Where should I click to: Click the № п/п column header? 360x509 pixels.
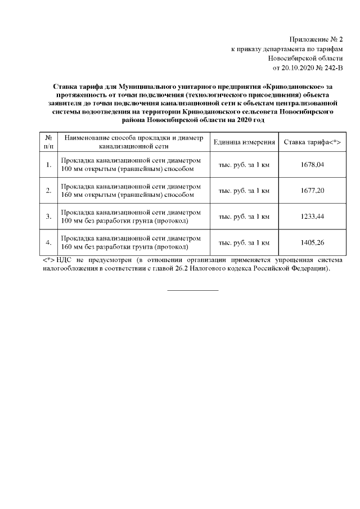pyautogui.click(x=48, y=142)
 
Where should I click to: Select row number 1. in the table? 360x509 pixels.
pyautogui.click(x=48, y=164)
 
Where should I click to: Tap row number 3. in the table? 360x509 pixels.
pyautogui.click(x=48, y=217)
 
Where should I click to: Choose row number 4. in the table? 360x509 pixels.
pyautogui.click(x=48, y=242)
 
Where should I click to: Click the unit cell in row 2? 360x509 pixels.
pyautogui.click(x=244, y=190)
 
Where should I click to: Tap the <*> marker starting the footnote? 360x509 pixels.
pyautogui.click(x=48, y=260)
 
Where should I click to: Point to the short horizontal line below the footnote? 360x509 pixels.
pyautogui.click(x=193, y=290)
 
